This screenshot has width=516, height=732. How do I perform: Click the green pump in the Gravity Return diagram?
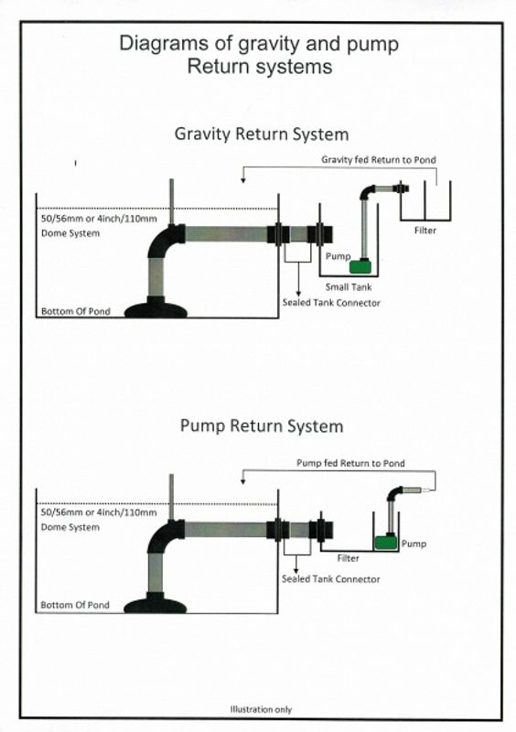coord(361,266)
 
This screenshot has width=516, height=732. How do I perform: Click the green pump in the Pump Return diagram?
coord(386,542)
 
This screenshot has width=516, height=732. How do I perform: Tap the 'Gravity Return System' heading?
coord(262,135)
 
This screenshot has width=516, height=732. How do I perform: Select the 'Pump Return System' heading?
coord(262,426)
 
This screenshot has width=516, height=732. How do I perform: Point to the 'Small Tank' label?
coord(349,287)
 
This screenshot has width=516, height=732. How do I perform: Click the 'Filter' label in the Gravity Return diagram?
coord(425,231)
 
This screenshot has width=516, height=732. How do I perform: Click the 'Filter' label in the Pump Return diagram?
coord(349,558)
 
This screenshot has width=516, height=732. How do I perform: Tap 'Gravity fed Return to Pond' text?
coord(379,159)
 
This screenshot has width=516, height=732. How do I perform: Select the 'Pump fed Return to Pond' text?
coord(350,463)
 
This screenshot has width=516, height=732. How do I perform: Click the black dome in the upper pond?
coord(156,309)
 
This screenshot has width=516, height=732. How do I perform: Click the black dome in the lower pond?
coord(156,605)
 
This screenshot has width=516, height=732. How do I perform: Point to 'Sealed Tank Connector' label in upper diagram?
coord(331,303)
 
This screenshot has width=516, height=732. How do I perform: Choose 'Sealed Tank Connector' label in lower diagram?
coord(330,579)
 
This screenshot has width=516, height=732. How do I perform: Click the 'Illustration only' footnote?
coord(261,710)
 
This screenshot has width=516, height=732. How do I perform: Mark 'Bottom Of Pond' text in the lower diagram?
coord(75,605)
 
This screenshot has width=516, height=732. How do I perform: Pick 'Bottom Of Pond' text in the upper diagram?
coord(76,311)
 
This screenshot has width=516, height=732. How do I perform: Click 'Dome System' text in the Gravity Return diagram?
coord(70,233)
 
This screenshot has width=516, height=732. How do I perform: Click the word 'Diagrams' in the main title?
coord(164,44)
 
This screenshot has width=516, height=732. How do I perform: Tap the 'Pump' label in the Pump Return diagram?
coord(414,544)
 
